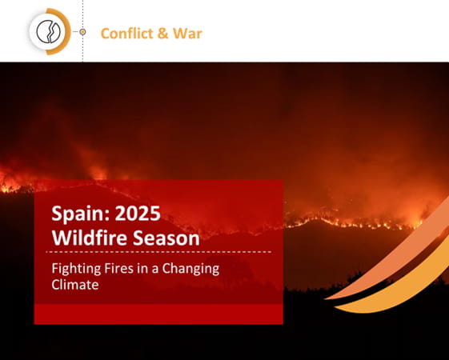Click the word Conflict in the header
coord(127,33)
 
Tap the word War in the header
coord(187,34)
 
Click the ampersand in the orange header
coord(163,34)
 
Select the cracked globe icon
coord(48,32)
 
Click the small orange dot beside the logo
coord(82,32)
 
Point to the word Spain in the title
coord(78,214)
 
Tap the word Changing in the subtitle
coord(190,270)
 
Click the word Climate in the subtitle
coord(75,285)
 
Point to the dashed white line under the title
coord(158,252)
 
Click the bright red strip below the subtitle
coord(158,314)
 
